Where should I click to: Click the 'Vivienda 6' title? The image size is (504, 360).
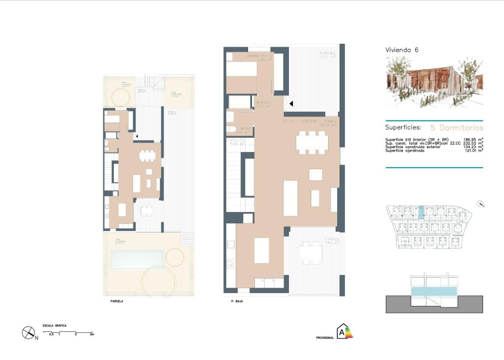402,50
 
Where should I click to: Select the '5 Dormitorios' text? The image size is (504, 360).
457,127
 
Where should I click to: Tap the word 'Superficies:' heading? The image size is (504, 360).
403,127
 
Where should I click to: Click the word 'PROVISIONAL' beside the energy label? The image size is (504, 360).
325,338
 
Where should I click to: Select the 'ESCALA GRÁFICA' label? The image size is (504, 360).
55,326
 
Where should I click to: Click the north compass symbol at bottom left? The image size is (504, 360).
28,332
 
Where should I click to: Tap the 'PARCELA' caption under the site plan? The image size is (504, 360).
117,301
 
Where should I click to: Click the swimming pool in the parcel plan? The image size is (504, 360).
137,260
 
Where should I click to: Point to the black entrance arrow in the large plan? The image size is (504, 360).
291,104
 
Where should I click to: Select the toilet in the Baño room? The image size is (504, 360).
230,129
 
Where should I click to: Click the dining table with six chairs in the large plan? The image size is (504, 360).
312,143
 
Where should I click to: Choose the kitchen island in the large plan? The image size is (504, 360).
261,250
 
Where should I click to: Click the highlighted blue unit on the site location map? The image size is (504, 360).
420,212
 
